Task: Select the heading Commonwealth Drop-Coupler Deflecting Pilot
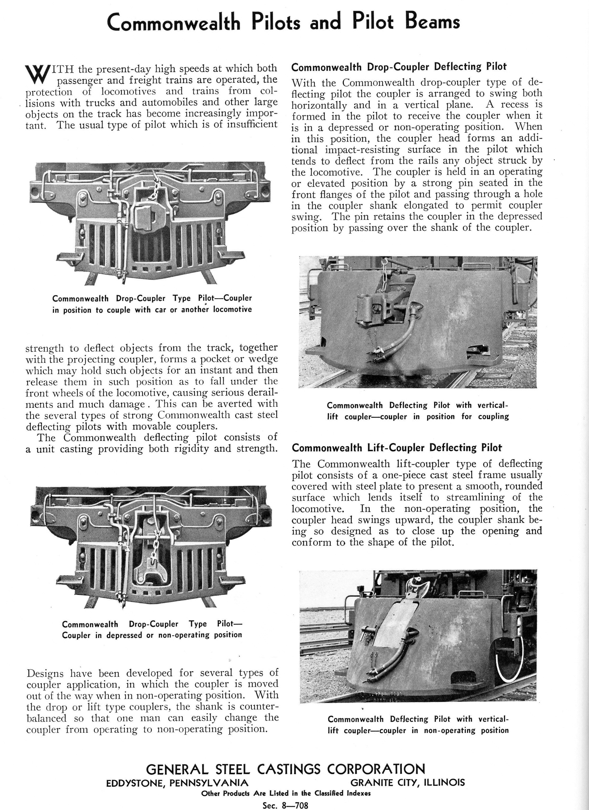point(399,67)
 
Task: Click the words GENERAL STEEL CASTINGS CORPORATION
point(285,769)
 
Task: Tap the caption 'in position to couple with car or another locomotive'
point(152,310)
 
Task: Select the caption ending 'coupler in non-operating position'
point(418,730)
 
